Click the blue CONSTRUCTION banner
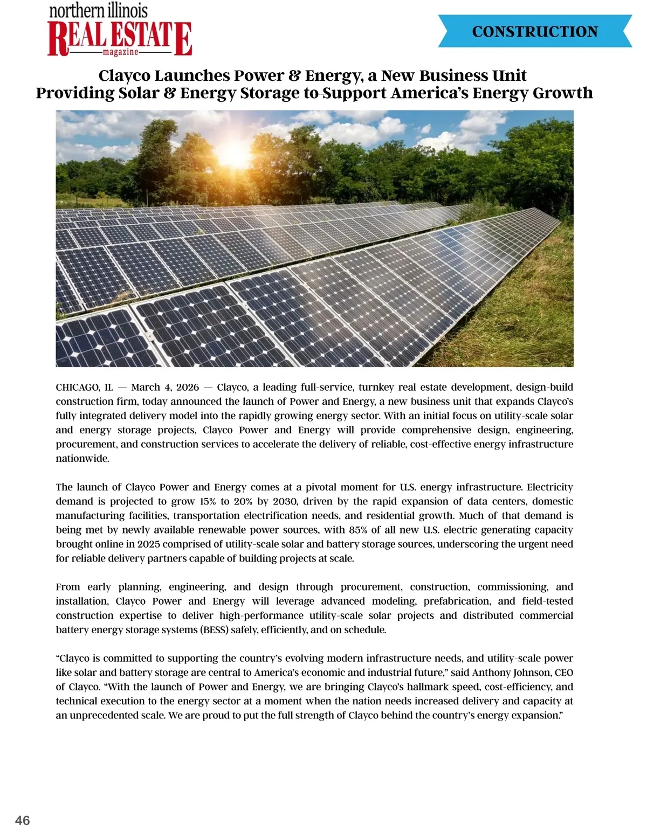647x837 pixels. [535, 31]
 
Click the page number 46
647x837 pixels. [23, 820]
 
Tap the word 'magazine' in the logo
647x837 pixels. [120, 52]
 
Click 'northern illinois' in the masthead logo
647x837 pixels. [98, 10]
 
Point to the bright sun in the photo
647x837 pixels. [235, 154]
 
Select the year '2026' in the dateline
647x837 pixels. [188, 387]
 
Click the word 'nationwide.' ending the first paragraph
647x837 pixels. [82, 459]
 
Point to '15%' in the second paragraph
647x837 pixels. [208, 501]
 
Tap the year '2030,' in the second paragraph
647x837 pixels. [285, 501]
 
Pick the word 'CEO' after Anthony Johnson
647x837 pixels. [563, 673]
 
